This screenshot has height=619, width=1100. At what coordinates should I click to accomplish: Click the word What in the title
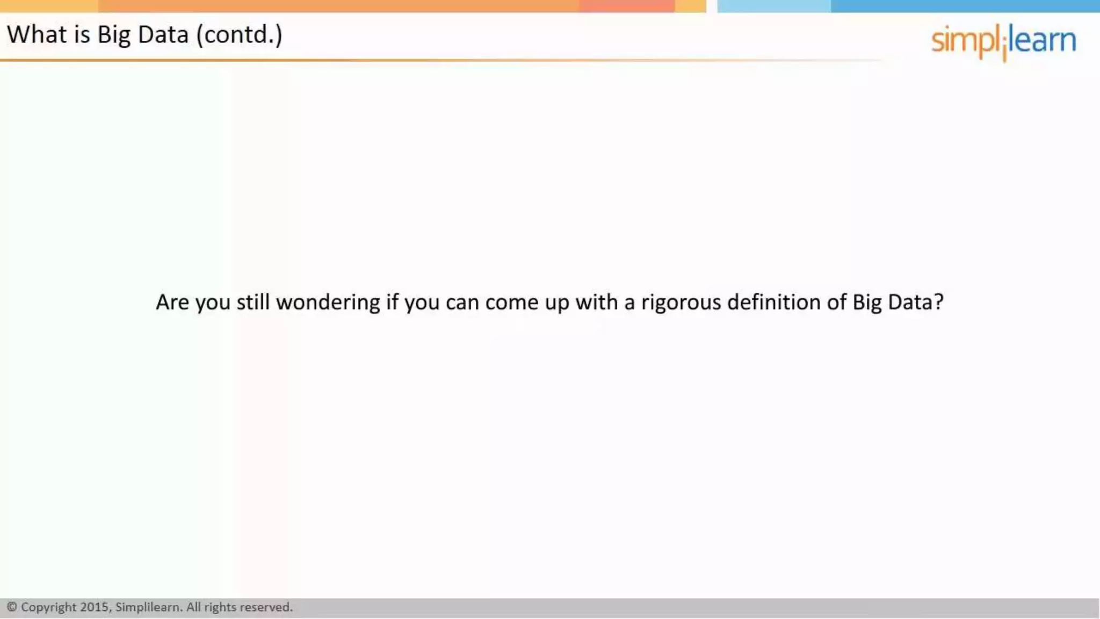point(37,35)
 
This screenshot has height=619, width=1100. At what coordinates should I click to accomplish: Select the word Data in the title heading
point(163,35)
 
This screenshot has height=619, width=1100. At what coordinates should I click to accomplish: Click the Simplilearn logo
point(1003,41)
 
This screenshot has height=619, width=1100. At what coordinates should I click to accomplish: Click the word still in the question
point(253,302)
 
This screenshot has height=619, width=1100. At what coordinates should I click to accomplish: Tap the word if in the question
point(392,302)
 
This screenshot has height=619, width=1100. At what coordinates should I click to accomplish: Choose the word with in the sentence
point(596,302)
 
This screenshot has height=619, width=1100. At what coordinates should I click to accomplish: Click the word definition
point(773,302)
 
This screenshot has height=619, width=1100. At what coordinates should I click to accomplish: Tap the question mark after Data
point(938,302)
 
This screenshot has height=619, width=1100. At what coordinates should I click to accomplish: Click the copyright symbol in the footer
point(12,607)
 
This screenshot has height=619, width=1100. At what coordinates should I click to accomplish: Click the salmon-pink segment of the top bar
point(626,6)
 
